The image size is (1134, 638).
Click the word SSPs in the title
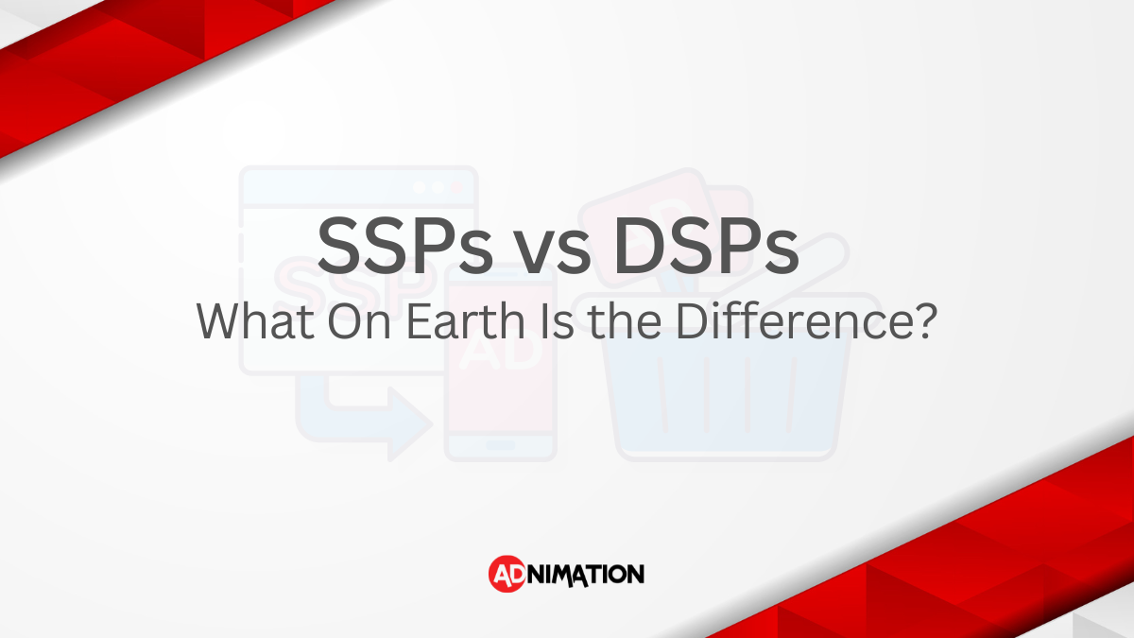pos(405,246)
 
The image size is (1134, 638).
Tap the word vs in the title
pos(554,252)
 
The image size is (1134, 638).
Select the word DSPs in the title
pos(707,246)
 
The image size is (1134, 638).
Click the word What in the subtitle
pos(255,321)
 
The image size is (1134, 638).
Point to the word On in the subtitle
pos(359,321)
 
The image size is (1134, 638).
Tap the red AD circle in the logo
pos(507,574)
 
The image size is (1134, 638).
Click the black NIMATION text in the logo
pos(586,576)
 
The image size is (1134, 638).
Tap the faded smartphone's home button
pos(501,445)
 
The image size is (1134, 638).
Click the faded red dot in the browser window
pos(457,187)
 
